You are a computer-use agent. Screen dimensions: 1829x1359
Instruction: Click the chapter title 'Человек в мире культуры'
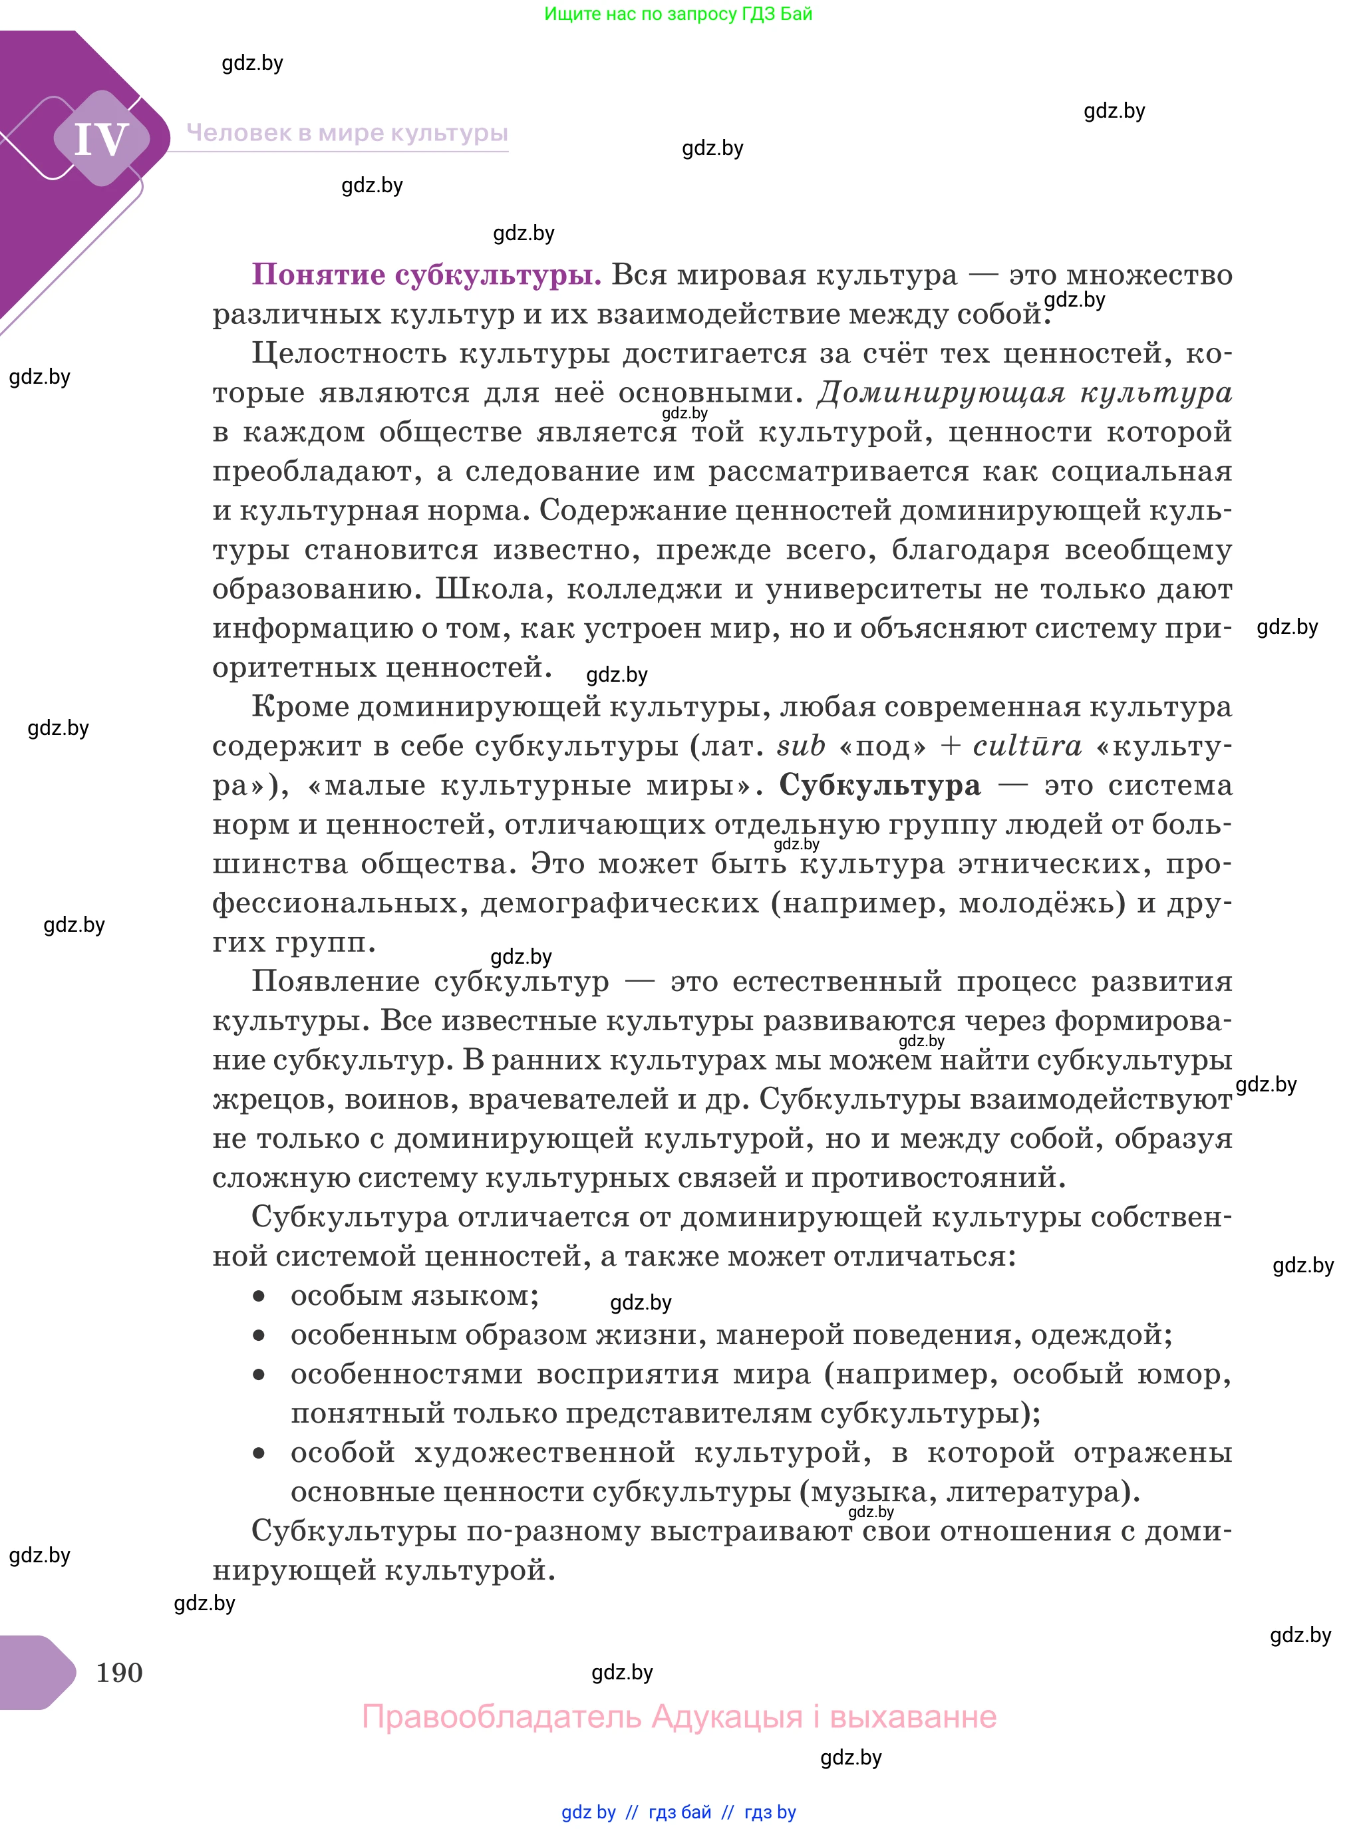click(x=347, y=133)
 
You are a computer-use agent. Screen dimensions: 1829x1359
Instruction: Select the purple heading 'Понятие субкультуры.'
click(x=426, y=275)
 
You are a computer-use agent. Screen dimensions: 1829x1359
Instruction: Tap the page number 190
click(x=119, y=1672)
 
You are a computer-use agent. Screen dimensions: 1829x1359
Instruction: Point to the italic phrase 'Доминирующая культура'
click(x=1024, y=393)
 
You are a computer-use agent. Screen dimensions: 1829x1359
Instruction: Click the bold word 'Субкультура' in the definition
click(x=879, y=785)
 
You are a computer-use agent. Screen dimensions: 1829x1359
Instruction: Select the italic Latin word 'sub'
click(x=800, y=746)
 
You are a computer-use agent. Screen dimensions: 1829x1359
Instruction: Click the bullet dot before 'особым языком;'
click(x=259, y=1297)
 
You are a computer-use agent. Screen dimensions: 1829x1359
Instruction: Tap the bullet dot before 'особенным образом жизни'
click(x=259, y=1336)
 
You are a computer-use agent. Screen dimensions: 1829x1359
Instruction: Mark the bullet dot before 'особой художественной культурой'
click(x=259, y=1454)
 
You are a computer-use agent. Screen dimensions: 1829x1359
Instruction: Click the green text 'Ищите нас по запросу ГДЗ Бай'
click(x=678, y=14)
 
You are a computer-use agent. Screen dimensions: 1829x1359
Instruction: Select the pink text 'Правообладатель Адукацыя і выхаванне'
click(x=679, y=1717)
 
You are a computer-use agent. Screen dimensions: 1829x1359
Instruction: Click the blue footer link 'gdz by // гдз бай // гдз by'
click(x=679, y=1812)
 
